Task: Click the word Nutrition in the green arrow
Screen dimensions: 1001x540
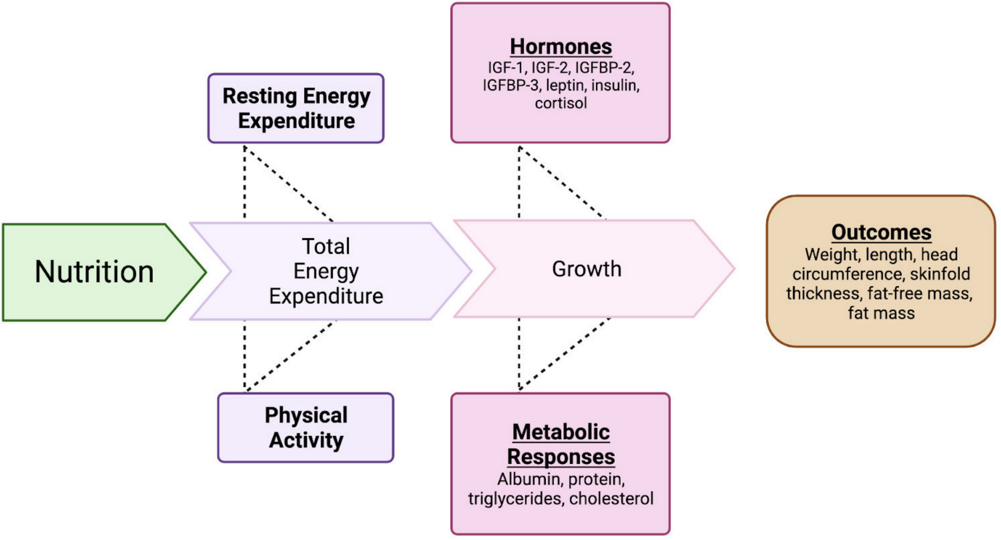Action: pos(94,271)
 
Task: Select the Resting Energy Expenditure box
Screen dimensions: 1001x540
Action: pos(296,108)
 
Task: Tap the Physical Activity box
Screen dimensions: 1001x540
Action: pos(306,427)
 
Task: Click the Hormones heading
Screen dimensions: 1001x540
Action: pos(561,47)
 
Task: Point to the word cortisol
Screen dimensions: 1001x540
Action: pos(561,103)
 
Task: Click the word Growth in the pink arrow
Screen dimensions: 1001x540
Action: pos(586,269)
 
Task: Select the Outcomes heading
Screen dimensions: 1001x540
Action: pos(881,232)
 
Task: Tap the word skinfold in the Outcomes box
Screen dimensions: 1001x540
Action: pos(940,274)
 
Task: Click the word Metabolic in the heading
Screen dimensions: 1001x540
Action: pos(561,432)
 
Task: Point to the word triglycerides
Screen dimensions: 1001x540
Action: pos(515,498)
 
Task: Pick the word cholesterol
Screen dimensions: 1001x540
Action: pos(611,498)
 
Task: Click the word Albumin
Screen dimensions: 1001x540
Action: pos(529,479)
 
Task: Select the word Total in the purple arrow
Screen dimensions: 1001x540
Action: pos(326,247)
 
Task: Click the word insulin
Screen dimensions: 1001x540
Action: pos(615,85)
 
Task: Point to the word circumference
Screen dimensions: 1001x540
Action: pos(848,274)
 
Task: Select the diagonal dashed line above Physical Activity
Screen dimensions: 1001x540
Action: pos(290,356)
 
